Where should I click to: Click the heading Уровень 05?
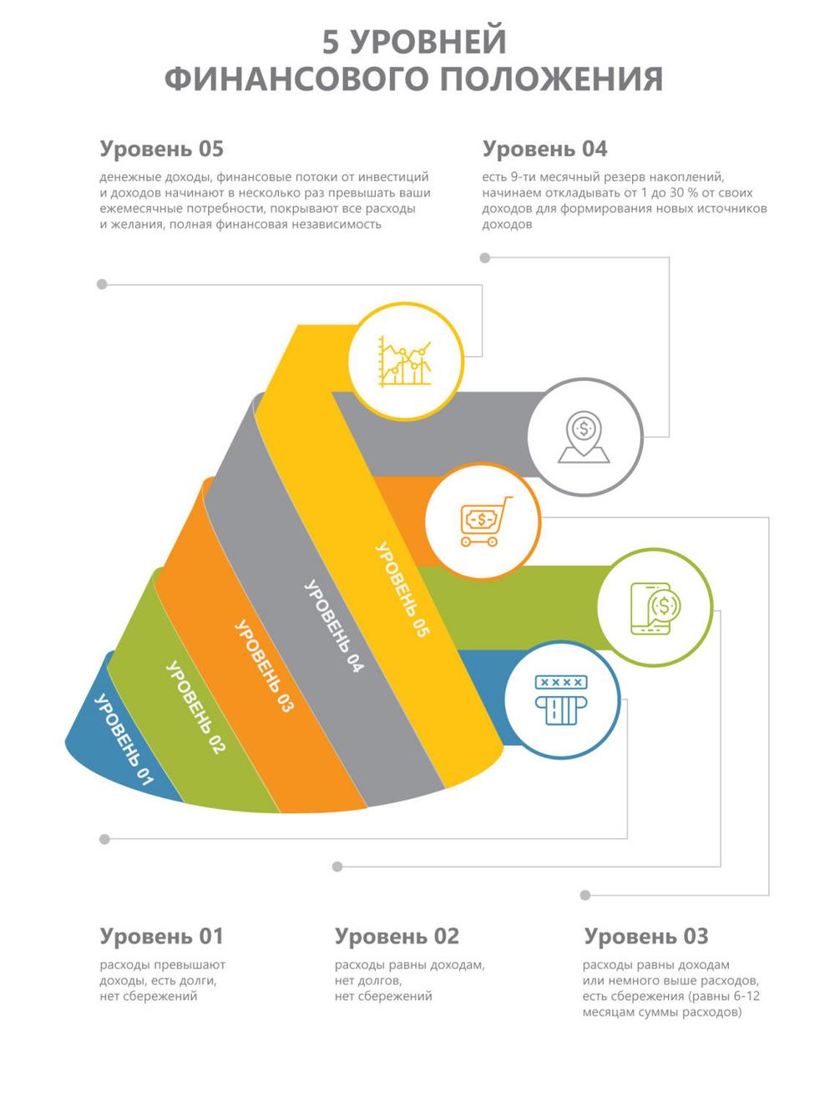(x=161, y=150)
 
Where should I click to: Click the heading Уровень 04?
(x=544, y=150)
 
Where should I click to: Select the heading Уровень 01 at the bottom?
(x=161, y=936)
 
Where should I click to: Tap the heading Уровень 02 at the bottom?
(x=397, y=936)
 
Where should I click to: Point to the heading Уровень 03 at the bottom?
(x=646, y=936)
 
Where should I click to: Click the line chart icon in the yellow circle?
(x=405, y=361)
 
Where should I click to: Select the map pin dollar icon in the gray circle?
(x=584, y=436)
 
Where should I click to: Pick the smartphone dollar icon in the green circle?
(x=655, y=608)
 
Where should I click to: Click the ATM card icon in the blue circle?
(x=561, y=699)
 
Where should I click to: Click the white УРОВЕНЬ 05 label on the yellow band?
(x=402, y=590)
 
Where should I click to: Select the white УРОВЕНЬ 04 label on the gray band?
(x=334, y=627)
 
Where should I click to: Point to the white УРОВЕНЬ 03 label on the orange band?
(x=264, y=666)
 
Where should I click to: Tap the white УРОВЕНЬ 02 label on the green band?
(x=195, y=707)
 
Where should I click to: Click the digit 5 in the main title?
(x=331, y=42)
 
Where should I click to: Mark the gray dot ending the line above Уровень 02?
(x=337, y=867)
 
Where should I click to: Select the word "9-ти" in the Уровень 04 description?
(x=522, y=177)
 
